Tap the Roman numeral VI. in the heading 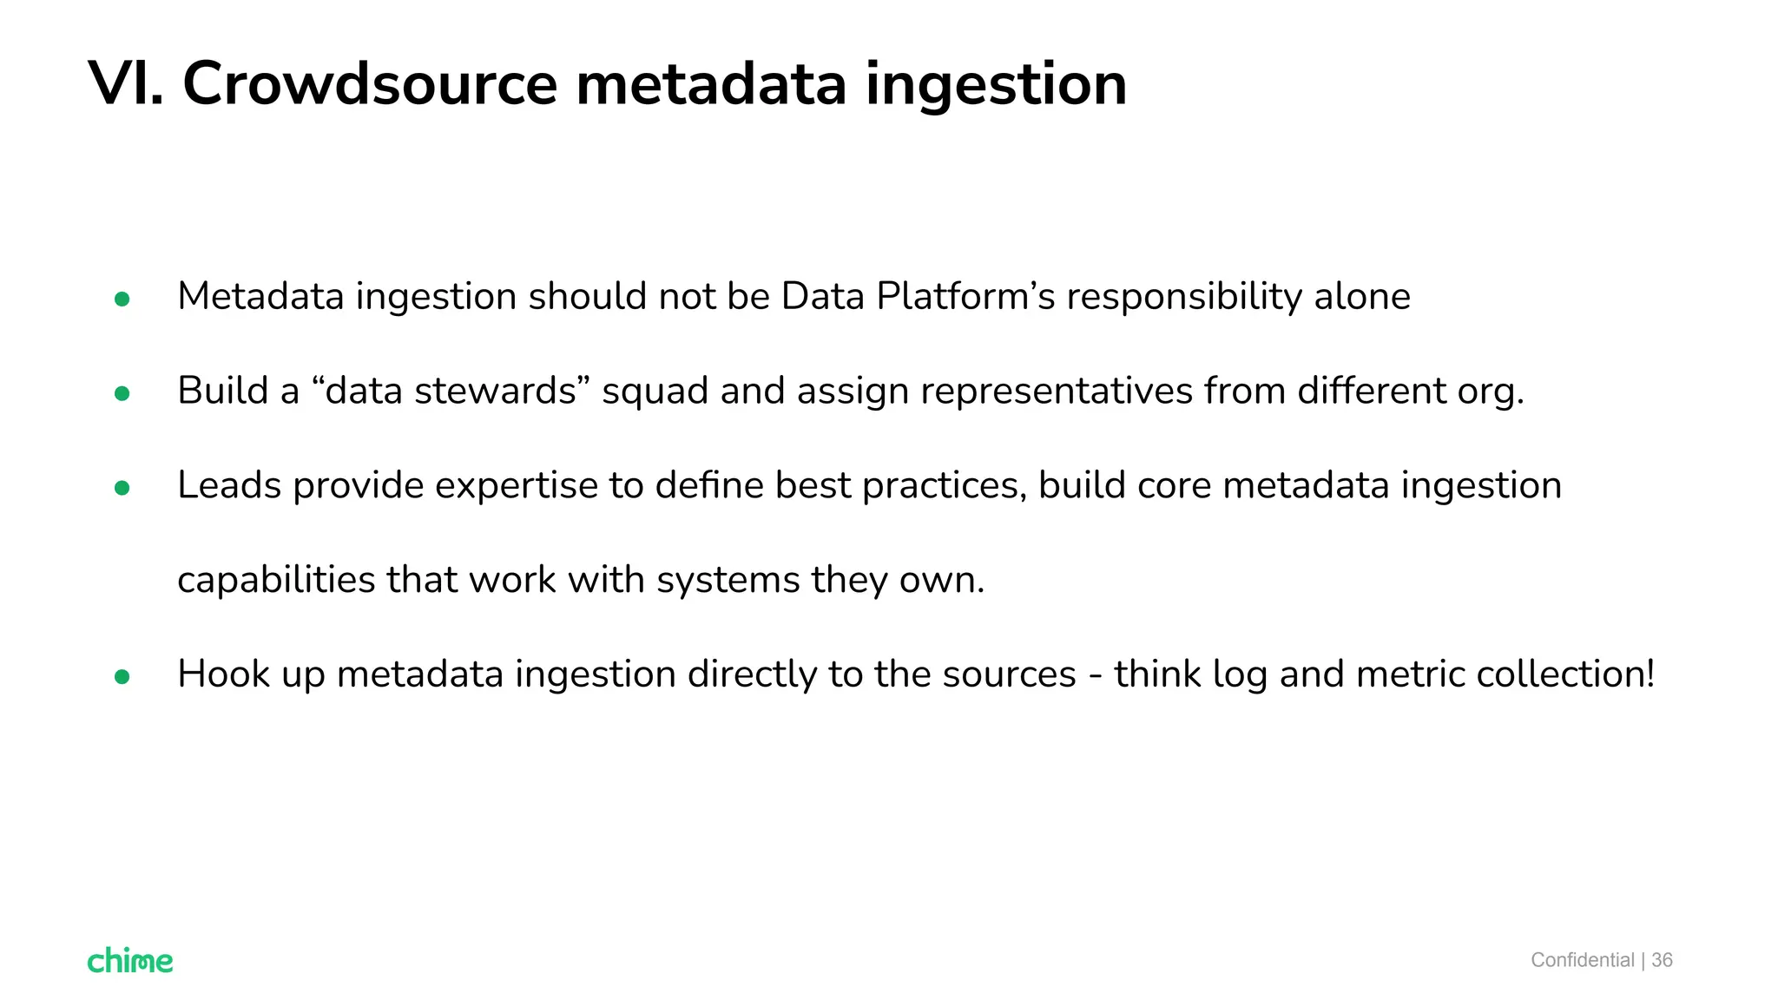(126, 84)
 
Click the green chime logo (130, 960)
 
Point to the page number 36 (1662, 960)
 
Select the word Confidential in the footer (1582, 960)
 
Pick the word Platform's (965, 297)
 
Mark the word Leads (229, 485)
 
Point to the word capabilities (276, 580)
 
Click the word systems (728, 581)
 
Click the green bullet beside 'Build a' (122, 394)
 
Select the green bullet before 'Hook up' (122, 677)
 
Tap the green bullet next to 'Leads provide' (122, 489)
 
